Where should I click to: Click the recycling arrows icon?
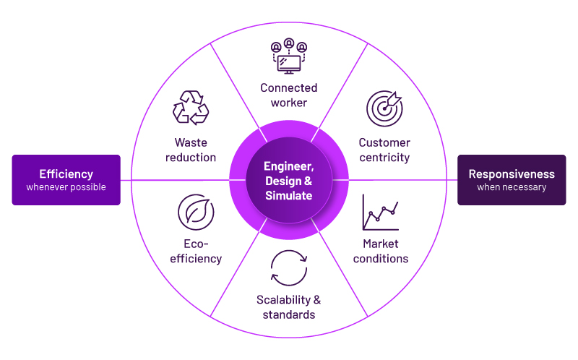[x=191, y=107]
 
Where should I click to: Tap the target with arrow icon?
[x=384, y=108]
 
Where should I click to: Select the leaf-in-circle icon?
[x=196, y=212]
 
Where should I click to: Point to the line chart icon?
[x=381, y=212]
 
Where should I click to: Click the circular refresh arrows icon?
[x=289, y=268]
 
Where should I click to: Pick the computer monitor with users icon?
[x=289, y=56]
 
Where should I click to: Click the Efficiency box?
[x=66, y=180]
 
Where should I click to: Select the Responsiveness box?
[x=512, y=180]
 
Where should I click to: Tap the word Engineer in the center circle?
[x=288, y=166]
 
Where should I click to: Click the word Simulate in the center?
[x=288, y=195]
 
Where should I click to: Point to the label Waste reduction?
[x=191, y=150]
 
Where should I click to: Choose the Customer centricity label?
[x=384, y=150]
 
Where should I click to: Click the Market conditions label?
[x=381, y=251]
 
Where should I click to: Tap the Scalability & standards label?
[x=288, y=307]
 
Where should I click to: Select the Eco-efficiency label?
[x=196, y=251]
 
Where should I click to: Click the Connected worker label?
[x=288, y=95]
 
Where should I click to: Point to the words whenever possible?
[x=66, y=187]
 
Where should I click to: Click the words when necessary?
[x=512, y=187]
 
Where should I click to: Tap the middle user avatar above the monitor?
[x=289, y=43]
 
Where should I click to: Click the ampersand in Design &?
[x=309, y=181]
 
